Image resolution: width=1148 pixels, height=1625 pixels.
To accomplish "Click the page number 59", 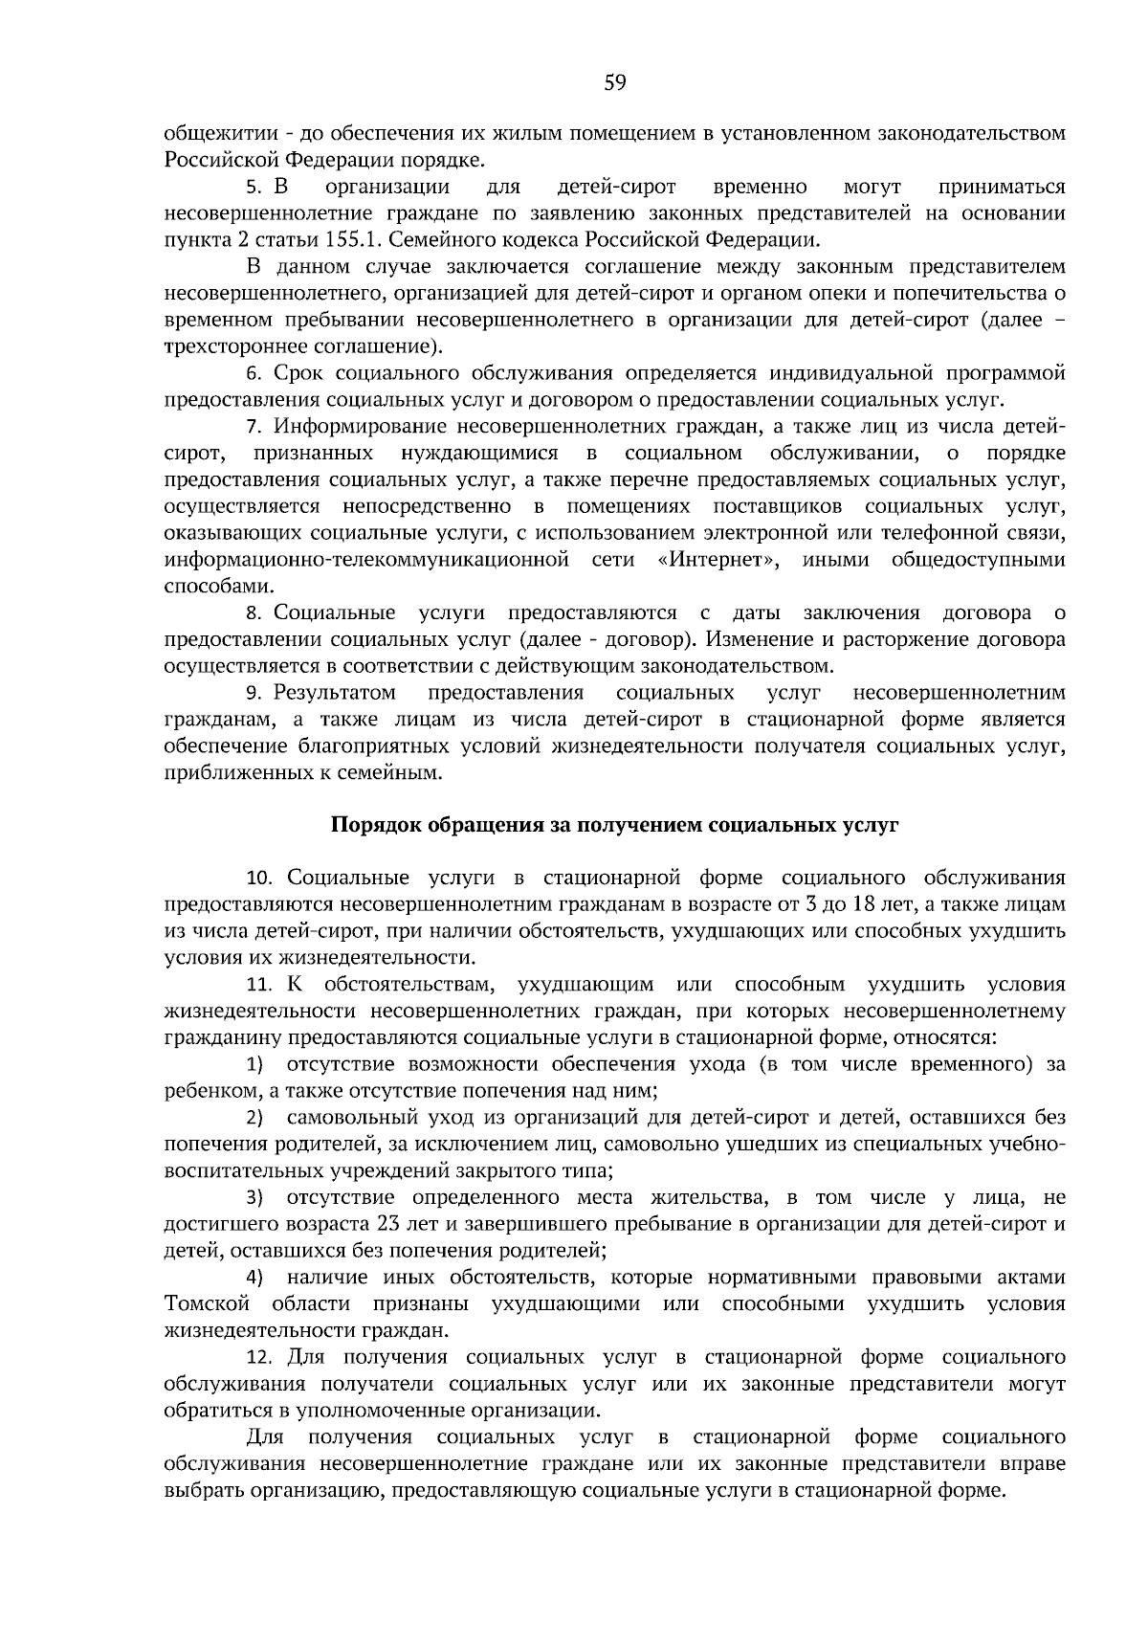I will click(x=615, y=83).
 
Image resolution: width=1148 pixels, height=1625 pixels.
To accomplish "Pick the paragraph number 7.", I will click(x=254, y=426).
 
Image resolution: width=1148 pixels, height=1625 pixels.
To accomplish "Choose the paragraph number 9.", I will click(x=254, y=693).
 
